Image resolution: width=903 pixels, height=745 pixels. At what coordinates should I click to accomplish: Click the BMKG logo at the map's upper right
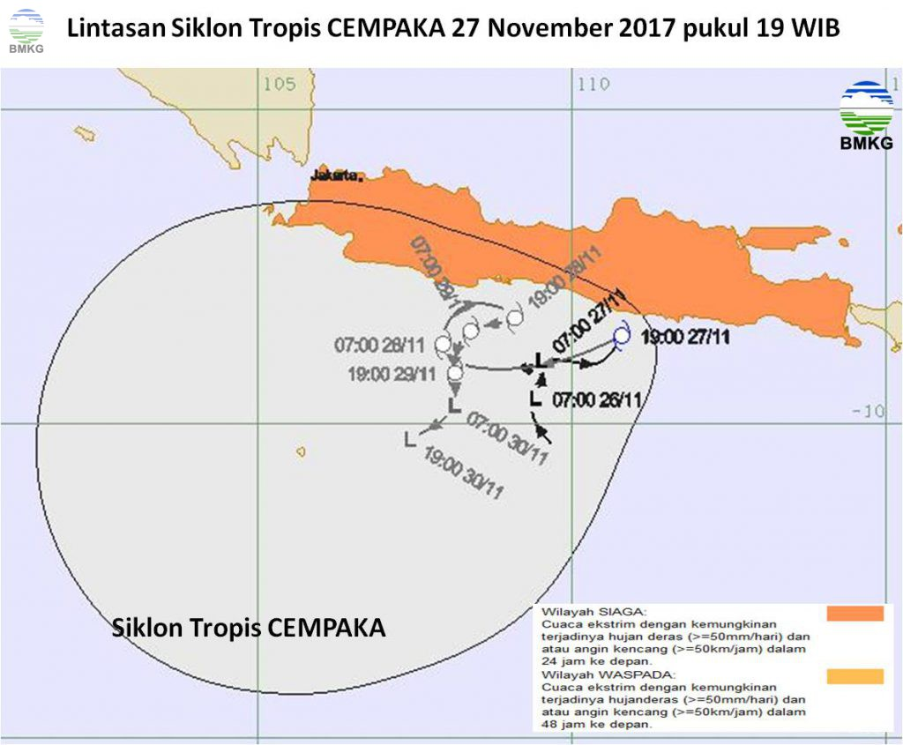tap(866, 115)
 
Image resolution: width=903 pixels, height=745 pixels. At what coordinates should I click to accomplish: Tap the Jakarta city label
tap(336, 175)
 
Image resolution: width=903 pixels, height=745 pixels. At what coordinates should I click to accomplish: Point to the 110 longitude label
tap(593, 85)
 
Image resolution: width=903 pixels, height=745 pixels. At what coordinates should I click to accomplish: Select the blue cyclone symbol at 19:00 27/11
tap(622, 336)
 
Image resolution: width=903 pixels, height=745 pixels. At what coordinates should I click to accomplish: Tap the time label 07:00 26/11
tap(596, 399)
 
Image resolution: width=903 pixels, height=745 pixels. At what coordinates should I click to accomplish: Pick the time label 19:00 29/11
tap(392, 374)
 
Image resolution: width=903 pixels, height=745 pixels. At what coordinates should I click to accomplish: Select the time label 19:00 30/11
tap(464, 473)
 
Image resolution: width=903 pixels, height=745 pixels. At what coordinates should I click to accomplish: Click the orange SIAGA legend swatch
tap(854, 614)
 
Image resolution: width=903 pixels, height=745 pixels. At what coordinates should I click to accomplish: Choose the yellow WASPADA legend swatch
tap(854, 676)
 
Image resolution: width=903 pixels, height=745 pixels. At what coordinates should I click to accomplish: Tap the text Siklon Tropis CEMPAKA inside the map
tap(249, 628)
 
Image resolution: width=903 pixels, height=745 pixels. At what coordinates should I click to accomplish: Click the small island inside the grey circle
tap(301, 451)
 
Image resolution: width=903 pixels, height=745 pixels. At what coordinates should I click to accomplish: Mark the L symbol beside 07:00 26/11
tap(534, 399)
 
